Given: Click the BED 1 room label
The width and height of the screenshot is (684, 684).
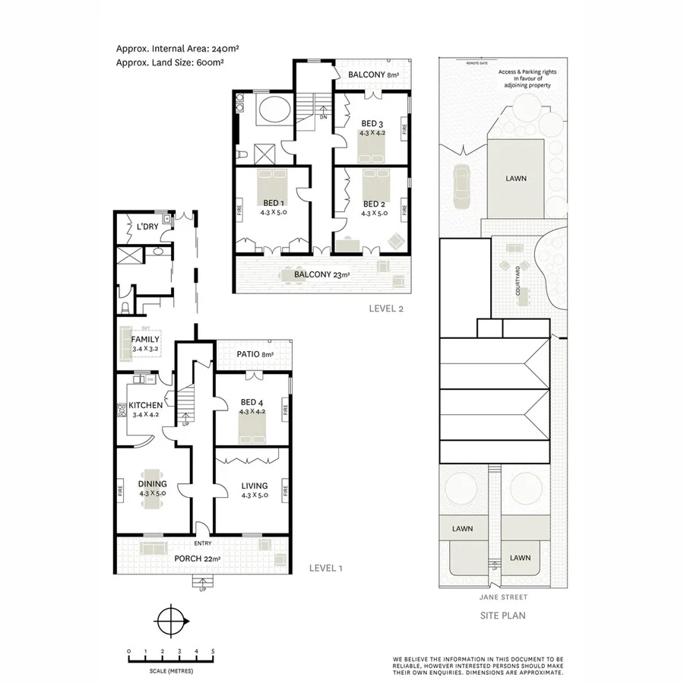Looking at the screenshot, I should [x=274, y=204].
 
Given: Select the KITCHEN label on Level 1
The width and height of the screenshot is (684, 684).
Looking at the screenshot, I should [x=145, y=405].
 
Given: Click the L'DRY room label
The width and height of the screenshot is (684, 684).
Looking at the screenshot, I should [x=146, y=226].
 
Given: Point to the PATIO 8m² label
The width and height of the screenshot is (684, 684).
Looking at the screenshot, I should [x=254, y=354].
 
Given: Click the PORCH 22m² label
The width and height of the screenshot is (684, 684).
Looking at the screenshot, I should [x=198, y=559].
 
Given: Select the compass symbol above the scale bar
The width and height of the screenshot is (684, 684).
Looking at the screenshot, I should [x=172, y=619].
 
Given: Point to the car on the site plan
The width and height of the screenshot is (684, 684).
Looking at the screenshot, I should [x=461, y=186].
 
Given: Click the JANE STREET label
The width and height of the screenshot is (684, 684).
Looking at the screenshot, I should [x=499, y=597].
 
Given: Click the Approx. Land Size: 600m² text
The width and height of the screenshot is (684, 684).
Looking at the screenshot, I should [x=169, y=63].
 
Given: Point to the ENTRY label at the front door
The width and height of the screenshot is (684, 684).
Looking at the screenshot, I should [x=202, y=543].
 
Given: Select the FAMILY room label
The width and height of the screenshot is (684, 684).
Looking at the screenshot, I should [x=144, y=339].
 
